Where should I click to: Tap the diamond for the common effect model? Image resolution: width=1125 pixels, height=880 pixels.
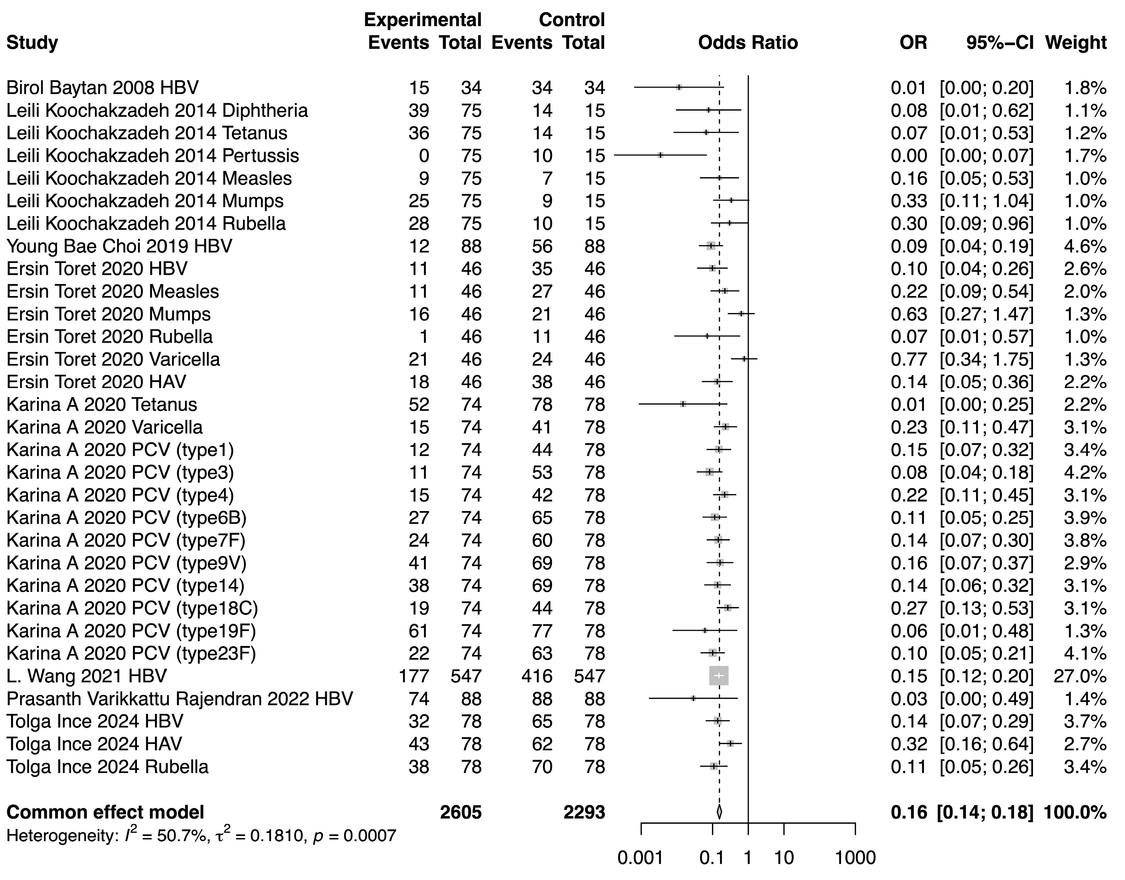tap(720, 813)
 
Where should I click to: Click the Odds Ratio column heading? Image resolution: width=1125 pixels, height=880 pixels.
tap(748, 42)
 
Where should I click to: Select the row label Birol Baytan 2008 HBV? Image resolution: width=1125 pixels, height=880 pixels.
tap(102, 88)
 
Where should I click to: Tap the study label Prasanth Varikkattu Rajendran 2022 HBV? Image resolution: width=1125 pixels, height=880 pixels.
tap(179, 699)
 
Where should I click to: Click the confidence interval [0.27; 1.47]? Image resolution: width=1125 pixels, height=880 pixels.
tap(986, 314)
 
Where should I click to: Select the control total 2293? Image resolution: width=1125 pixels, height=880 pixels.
tap(584, 813)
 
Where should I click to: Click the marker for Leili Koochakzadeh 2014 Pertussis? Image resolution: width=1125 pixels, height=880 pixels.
tap(660, 155)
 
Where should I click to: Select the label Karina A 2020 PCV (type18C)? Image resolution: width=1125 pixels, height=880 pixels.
tap(132, 608)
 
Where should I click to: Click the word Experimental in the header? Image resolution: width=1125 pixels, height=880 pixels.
tap(422, 20)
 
